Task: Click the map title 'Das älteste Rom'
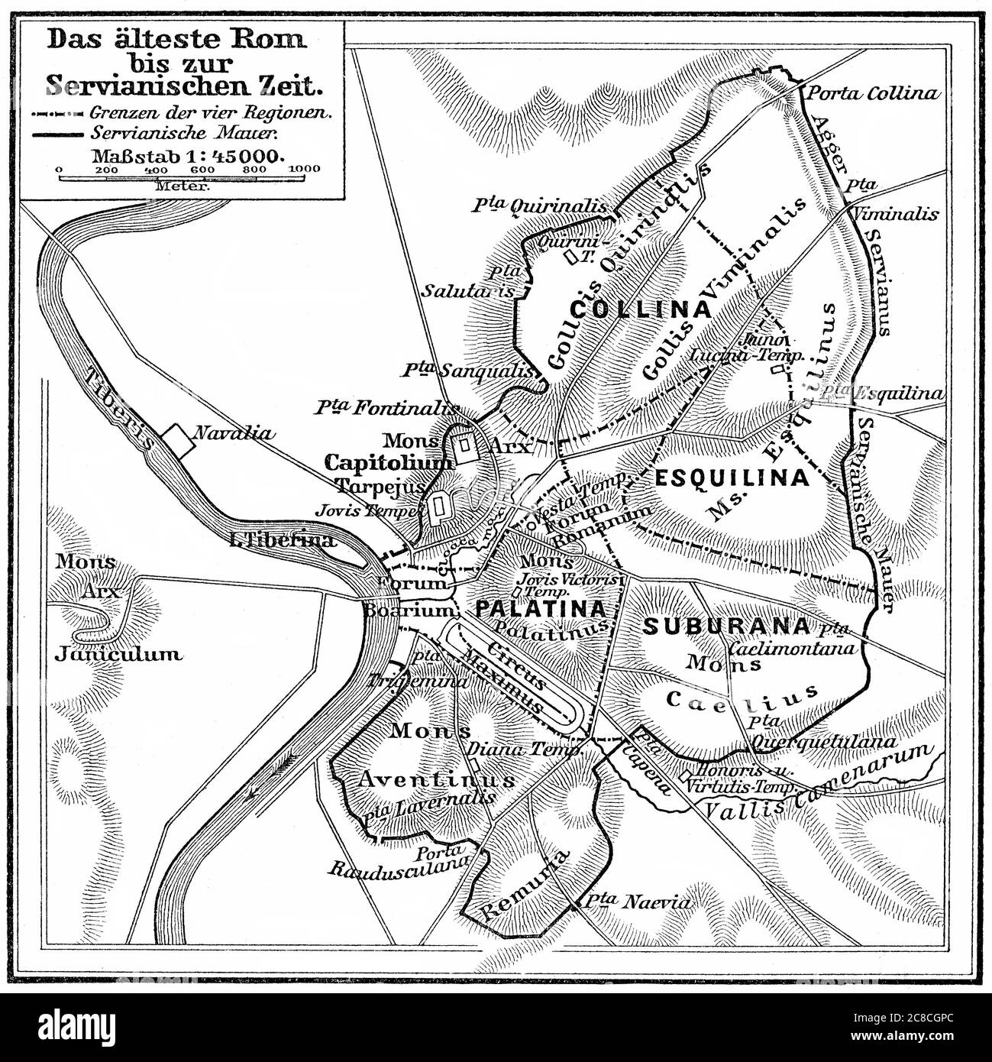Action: pyautogui.click(x=176, y=40)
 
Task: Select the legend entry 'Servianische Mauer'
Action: pyautogui.click(x=185, y=133)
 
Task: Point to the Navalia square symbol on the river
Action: pyautogui.click(x=176, y=442)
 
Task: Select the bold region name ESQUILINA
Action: pyautogui.click(x=732, y=478)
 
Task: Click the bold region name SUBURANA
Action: pyautogui.click(x=725, y=627)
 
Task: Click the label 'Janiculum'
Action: pyautogui.click(x=118, y=654)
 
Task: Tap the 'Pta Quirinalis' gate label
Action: pyautogui.click(x=538, y=206)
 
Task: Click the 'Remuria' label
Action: pyautogui.click(x=519, y=886)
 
